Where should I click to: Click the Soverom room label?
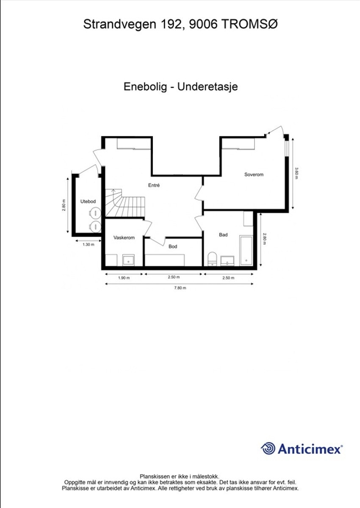(x=254, y=174)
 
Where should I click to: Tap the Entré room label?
(x=154, y=185)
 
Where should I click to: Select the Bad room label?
(x=223, y=235)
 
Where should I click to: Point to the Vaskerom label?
(x=124, y=237)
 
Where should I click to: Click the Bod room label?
(x=173, y=246)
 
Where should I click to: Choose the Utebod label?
(x=88, y=202)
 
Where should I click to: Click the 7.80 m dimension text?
(x=180, y=288)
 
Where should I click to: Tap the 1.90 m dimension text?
(x=123, y=278)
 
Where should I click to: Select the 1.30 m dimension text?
(x=88, y=244)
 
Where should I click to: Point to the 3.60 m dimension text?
(x=296, y=174)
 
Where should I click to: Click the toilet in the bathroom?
(x=212, y=259)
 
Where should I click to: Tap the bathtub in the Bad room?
(x=246, y=250)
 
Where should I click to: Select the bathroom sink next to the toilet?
(x=228, y=260)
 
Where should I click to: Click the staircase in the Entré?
(x=126, y=205)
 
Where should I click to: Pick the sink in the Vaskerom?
(x=128, y=260)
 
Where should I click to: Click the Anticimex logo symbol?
(x=268, y=448)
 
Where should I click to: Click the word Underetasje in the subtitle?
(x=208, y=87)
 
